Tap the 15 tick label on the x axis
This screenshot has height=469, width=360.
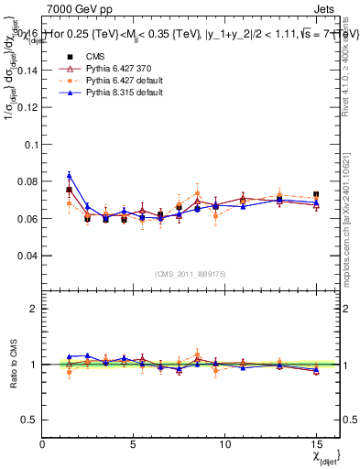coord(315,443)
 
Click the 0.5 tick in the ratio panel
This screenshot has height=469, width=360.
coord(30,420)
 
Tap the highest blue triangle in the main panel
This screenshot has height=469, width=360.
coord(70,174)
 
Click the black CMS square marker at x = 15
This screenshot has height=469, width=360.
coord(316,194)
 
